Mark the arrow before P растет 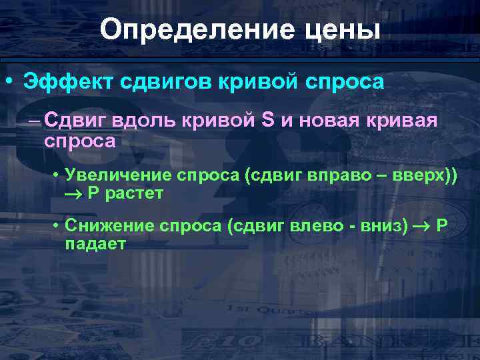(74, 194)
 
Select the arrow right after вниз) (421, 227)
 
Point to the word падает (95, 244)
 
